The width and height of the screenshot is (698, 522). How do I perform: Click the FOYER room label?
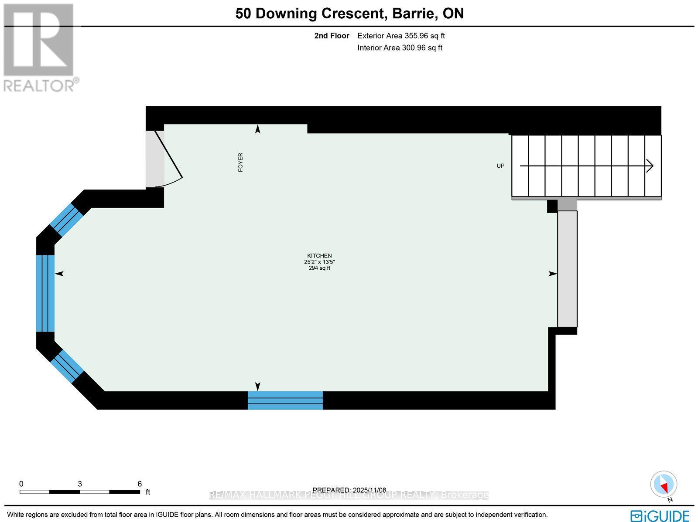(240, 162)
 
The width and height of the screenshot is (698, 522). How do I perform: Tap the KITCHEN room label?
(319, 256)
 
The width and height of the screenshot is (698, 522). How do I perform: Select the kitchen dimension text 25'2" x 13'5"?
(319, 262)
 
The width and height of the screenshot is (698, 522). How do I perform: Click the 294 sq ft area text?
(319, 268)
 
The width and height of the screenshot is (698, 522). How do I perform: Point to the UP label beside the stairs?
(500, 166)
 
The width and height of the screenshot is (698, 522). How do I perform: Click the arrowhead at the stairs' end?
(650, 166)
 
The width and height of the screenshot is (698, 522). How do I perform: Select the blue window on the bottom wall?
(285, 400)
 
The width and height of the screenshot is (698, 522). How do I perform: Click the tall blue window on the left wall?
(45, 293)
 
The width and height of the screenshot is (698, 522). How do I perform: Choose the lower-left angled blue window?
(67, 366)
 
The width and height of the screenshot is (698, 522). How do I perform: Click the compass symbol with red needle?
(664, 485)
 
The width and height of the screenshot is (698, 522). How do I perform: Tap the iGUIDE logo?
(660, 515)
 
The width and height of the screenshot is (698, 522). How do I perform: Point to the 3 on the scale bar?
(80, 483)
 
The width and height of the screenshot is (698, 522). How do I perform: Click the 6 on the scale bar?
(140, 483)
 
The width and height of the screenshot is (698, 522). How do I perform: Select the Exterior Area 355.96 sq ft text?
(401, 36)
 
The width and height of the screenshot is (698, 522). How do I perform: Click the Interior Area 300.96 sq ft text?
(400, 48)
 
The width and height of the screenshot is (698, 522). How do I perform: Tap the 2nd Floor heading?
(332, 36)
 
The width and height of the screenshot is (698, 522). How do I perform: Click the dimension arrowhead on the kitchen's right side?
(553, 274)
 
